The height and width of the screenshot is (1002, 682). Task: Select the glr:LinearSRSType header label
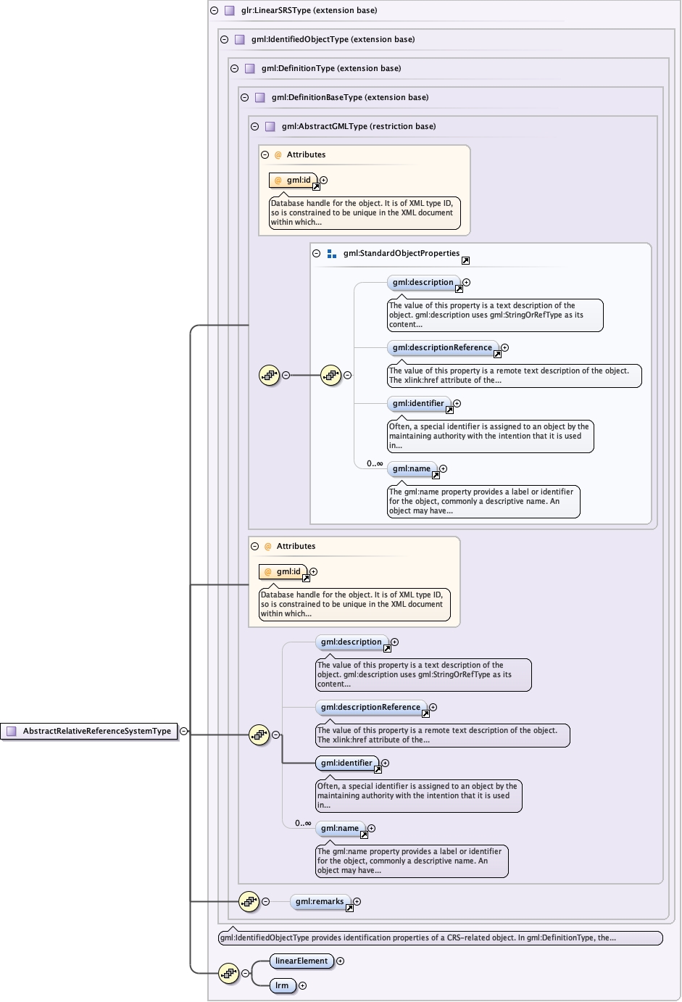pos(309,11)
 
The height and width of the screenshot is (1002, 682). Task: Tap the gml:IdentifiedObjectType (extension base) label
pos(333,40)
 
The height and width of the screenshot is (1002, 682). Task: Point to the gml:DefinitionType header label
pos(330,69)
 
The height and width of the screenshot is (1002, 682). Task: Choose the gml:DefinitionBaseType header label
pos(349,98)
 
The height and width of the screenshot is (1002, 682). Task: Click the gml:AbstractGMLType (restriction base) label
pos(358,127)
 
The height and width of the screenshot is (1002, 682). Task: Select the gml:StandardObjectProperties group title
pos(401,254)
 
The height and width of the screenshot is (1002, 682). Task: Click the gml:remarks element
pos(320,902)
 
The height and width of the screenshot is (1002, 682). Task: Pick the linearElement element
pos(302,961)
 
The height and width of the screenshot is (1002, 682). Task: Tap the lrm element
pos(282,985)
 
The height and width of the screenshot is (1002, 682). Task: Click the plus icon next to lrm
pos(303,985)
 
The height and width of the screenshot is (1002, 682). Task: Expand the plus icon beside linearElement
pos(341,961)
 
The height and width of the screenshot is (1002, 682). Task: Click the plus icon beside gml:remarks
pos(357,902)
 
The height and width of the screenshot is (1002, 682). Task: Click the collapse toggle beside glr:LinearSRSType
pos(215,11)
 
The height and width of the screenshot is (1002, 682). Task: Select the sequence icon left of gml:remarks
pos(249,902)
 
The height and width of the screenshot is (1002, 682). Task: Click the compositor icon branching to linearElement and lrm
pos(228,973)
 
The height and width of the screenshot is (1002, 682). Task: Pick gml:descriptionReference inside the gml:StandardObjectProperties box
pos(442,348)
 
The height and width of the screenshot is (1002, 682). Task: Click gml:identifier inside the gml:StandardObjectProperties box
pos(418,404)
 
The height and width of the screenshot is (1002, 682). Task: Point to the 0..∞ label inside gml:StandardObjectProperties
pos(375,464)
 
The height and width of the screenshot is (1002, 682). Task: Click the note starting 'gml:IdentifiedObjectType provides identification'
pos(440,938)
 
